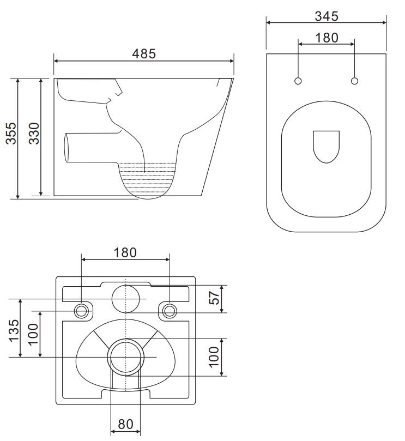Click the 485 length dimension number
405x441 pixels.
point(144,53)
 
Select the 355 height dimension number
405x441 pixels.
point(11,134)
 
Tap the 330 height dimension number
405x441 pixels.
point(34,134)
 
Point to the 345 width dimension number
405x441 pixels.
point(327,16)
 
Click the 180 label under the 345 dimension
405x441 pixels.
point(327,38)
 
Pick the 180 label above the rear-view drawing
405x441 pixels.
point(125,252)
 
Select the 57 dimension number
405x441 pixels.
point(214,298)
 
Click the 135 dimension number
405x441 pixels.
point(14,330)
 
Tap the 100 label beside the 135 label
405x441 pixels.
point(33,334)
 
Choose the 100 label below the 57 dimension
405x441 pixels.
point(214,357)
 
